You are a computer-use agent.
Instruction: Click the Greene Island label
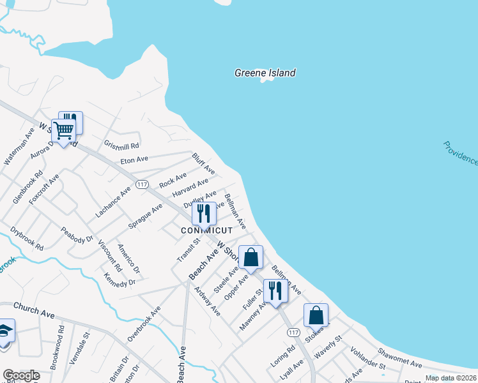265,73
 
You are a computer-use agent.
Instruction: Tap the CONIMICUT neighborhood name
206,230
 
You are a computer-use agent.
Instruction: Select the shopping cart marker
63,131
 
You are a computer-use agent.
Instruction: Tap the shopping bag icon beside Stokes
316,315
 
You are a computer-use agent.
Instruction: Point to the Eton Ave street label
134,159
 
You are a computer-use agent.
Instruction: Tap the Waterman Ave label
19,146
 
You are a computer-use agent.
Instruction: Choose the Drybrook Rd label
27,238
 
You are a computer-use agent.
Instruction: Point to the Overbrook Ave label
144,322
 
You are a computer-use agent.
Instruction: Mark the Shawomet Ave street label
399,357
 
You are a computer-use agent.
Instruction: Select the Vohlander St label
367,359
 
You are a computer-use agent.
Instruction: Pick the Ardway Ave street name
208,301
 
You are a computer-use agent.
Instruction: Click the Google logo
21,375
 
